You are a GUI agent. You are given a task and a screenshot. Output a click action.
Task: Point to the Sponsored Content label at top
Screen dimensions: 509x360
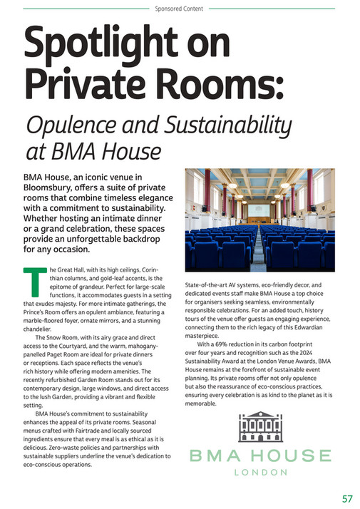click(179, 9)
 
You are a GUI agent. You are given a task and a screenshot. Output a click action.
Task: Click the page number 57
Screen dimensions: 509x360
click(347, 498)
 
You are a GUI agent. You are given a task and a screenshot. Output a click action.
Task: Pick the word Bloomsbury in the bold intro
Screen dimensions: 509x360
click(52, 188)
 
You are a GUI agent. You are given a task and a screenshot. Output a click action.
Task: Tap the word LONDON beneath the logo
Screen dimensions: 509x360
click(260, 471)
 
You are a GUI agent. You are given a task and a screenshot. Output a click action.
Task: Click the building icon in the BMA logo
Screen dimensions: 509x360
click(260, 428)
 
